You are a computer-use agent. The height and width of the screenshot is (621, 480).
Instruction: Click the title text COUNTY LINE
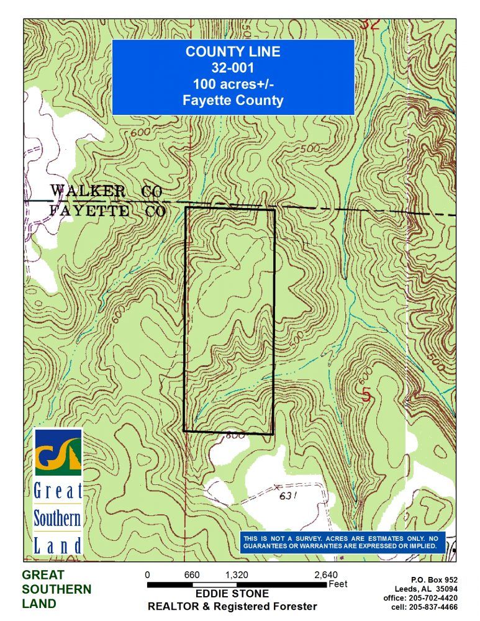[x=233, y=52]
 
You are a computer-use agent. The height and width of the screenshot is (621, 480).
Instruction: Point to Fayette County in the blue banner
[x=233, y=101]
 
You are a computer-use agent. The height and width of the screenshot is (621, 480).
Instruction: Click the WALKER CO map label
[x=106, y=191]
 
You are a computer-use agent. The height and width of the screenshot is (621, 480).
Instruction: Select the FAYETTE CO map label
[x=107, y=211]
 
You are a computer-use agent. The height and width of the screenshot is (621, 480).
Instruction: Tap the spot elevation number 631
[x=286, y=496]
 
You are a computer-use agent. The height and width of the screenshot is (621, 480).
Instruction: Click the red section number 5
[x=366, y=395]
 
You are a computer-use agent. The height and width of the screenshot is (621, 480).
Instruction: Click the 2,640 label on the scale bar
[x=326, y=575]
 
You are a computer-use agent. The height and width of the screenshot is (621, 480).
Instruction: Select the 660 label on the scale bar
[x=192, y=575]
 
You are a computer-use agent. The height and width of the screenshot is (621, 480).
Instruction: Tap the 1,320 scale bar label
[x=237, y=575]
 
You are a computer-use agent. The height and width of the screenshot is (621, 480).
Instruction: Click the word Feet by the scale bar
[x=338, y=584]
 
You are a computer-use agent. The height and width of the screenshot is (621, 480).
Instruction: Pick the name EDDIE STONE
[x=232, y=594]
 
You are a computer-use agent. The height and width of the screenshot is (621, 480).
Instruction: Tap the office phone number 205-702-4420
[x=433, y=598]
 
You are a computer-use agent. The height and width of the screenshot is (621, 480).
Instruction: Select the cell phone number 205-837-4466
[x=433, y=607]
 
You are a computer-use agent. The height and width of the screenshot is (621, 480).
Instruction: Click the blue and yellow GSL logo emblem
[x=58, y=452]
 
